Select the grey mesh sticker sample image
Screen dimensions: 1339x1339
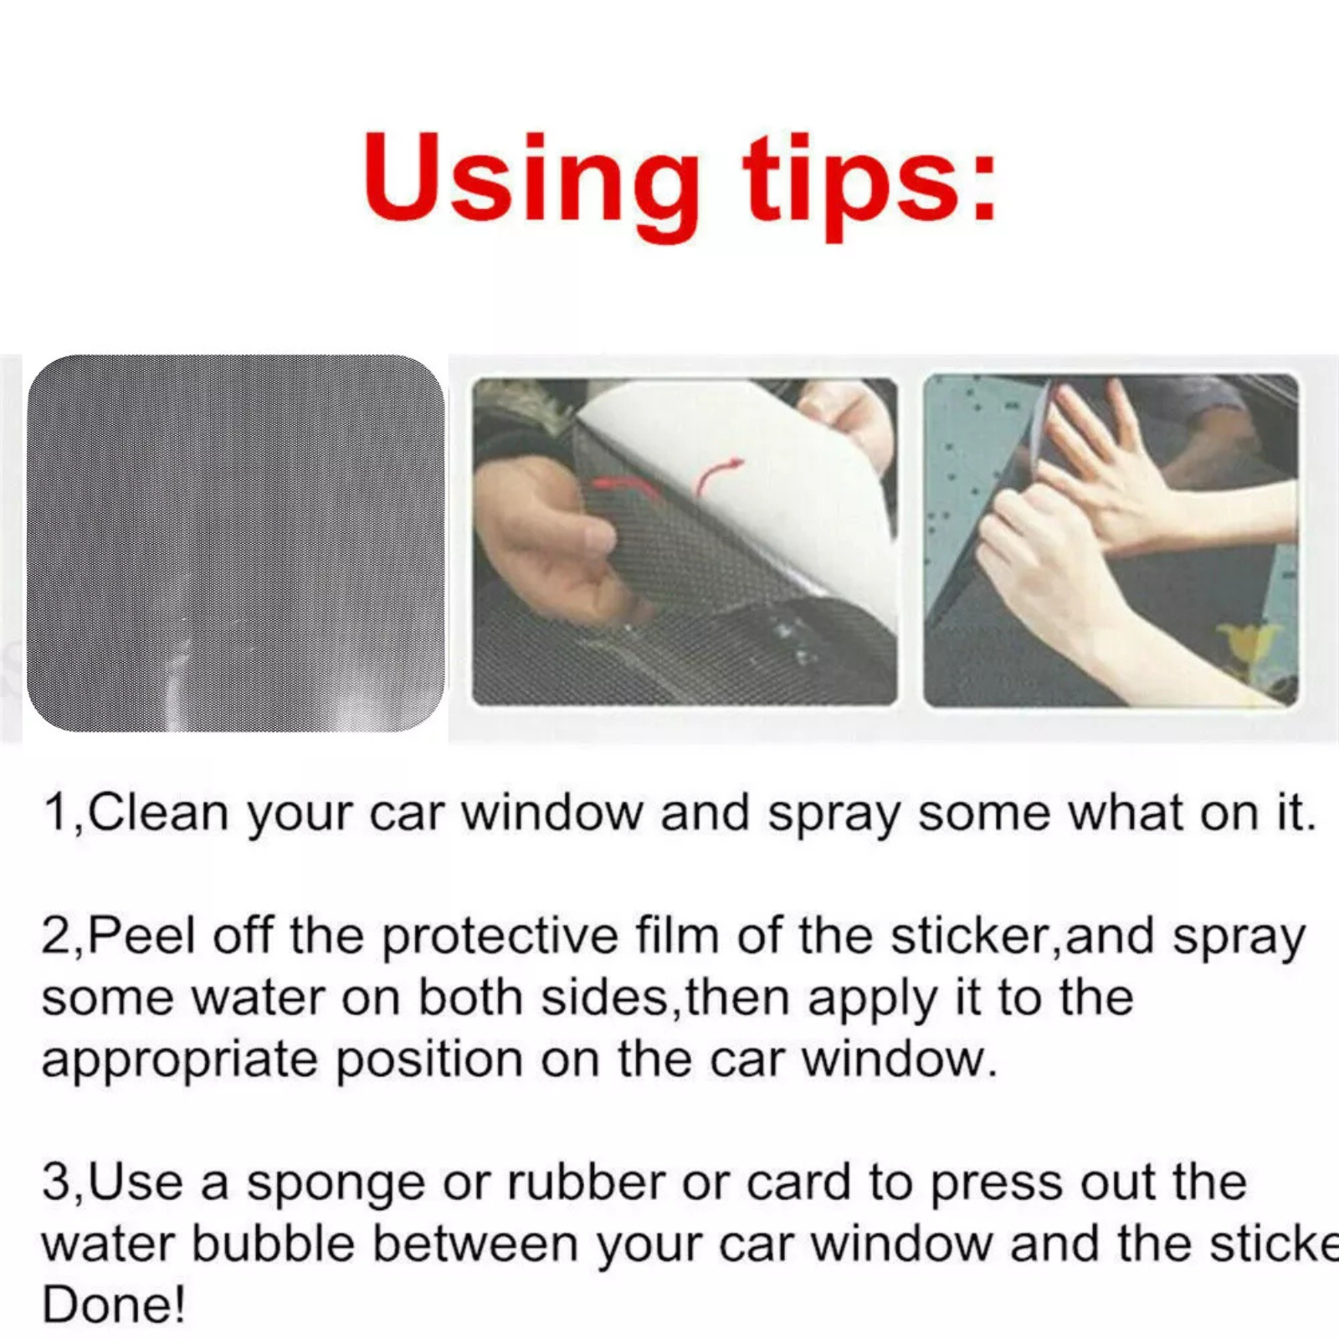235,543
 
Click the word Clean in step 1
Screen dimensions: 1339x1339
157,813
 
